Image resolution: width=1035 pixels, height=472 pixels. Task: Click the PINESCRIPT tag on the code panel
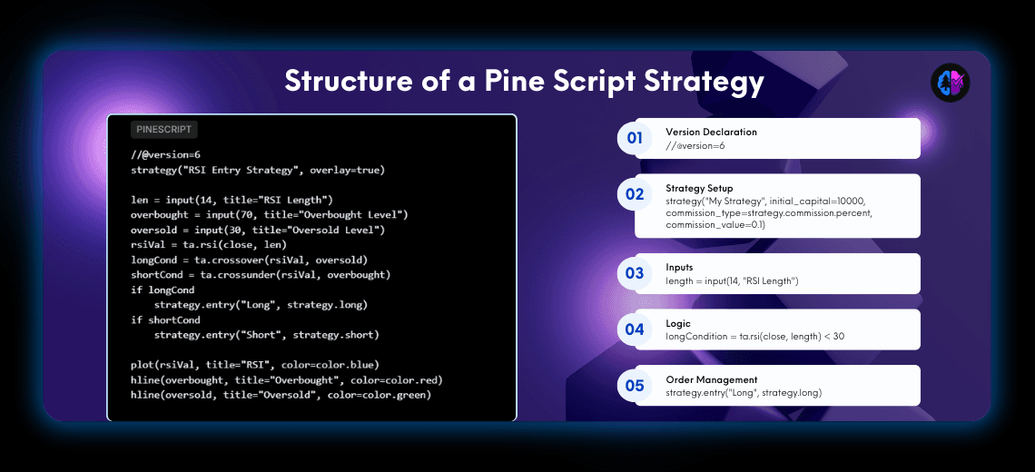pos(163,130)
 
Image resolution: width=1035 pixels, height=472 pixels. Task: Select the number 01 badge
pos(635,139)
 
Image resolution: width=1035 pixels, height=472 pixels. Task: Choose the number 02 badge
pos(635,194)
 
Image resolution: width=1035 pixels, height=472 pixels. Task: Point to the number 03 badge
pos(635,273)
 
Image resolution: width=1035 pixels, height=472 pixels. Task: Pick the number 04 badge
pos(635,329)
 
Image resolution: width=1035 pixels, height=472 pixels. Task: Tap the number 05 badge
pos(635,386)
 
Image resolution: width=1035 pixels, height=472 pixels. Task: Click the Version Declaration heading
pos(711,132)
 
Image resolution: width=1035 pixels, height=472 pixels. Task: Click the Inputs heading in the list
pos(679,268)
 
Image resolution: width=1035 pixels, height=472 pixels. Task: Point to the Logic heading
pos(678,323)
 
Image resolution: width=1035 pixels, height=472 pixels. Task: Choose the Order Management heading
pos(712,379)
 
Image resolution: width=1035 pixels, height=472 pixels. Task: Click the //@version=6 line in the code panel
pos(165,154)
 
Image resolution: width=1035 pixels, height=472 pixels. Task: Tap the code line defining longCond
pos(249,260)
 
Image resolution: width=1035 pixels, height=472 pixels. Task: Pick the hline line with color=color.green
pos(281,395)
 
